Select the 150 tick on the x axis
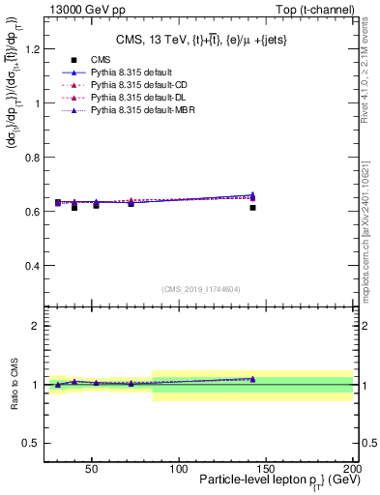(x=266, y=467)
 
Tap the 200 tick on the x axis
(x=353, y=467)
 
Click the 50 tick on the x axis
(x=92, y=467)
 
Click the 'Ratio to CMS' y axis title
(x=14, y=384)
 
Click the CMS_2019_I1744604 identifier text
(x=200, y=289)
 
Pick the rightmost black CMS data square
(x=252, y=207)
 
